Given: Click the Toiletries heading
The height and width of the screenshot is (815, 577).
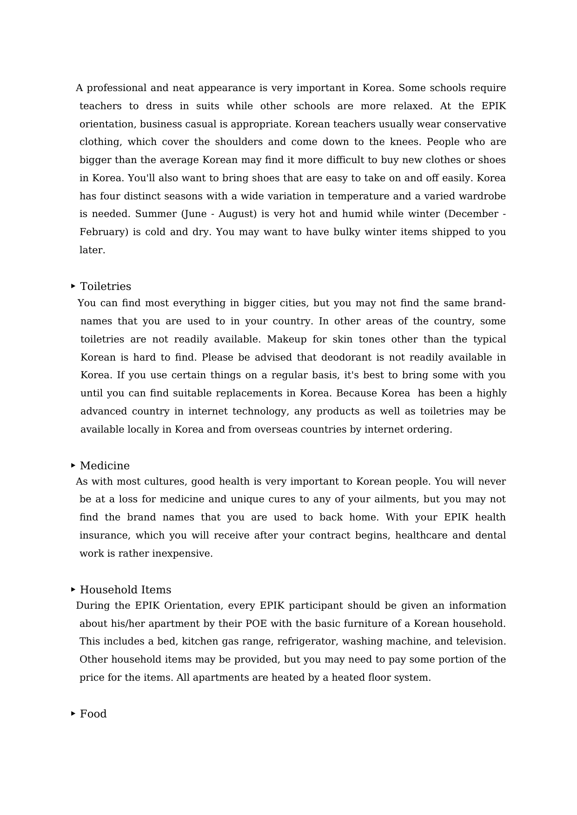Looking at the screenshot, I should tap(106, 286).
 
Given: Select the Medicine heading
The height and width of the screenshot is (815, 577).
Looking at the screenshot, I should tap(105, 466).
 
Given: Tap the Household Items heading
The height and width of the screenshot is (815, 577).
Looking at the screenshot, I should tap(126, 590).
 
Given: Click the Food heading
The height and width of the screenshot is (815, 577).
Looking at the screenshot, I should tap(93, 714).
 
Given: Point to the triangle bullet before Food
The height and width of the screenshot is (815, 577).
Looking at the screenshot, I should tap(73, 713).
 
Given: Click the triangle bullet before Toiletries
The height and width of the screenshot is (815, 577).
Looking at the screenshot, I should tap(73, 286).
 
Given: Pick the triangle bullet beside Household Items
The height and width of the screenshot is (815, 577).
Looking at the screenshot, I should tap(73, 589).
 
